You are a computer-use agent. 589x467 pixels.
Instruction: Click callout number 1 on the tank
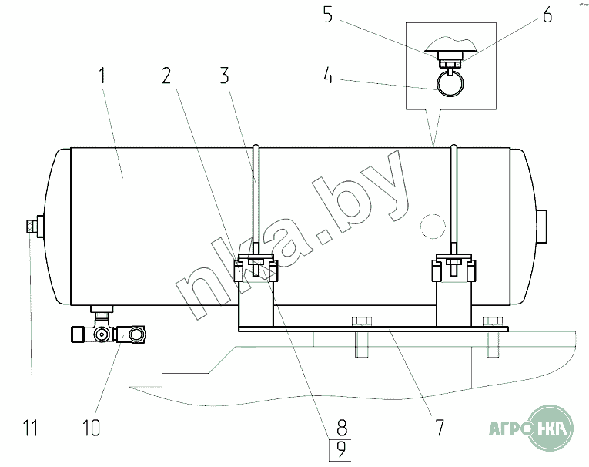[x=102, y=76]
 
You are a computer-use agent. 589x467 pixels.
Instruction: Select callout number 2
[x=166, y=76]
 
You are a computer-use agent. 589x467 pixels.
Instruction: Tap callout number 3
[x=224, y=76]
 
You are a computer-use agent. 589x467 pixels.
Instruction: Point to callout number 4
[x=328, y=76]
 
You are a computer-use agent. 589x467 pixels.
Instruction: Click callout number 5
[x=328, y=15]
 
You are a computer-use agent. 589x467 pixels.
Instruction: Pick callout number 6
[x=547, y=15]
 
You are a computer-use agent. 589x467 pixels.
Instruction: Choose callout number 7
[x=440, y=427]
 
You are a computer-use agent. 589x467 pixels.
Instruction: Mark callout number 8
[x=341, y=427]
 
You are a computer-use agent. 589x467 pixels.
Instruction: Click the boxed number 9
[x=341, y=450]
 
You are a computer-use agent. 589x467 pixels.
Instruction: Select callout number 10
[x=92, y=427]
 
